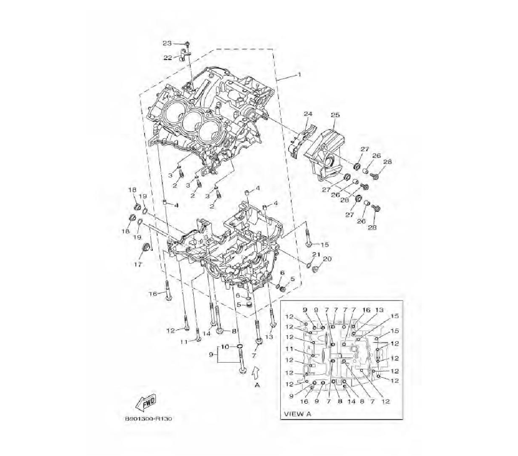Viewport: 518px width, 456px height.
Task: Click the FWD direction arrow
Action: pyautogui.click(x=146, y=403)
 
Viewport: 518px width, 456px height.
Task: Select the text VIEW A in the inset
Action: pyautogui.click(x=297, y=414)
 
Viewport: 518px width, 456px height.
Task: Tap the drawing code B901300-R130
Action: pyautogui.click(x=148, y=419)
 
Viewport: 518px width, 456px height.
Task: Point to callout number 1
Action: pyautogui.click(x=299, y=74)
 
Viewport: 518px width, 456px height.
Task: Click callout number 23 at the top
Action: pyautogui.click(x=167, y=43)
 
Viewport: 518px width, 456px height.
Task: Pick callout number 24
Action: pyautogui.click(x=308, y=113)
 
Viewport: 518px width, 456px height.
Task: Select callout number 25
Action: pyautogui.click(x=335, y=115)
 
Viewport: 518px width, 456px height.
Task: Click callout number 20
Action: pyautogui.click(x=327, y=259)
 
